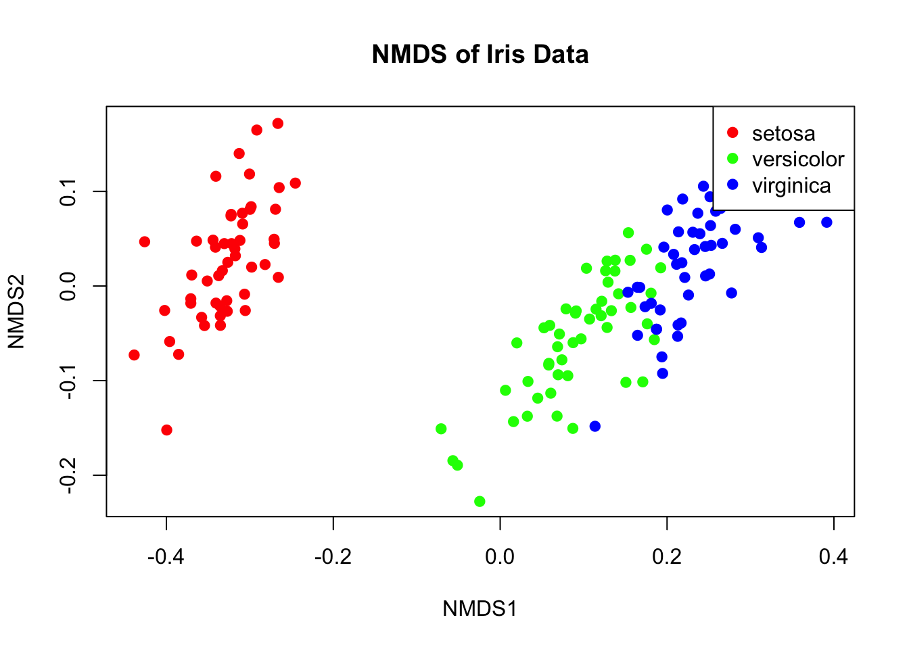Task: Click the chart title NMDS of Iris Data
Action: pyautogui.click(x=480, y=54)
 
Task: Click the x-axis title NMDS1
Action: pyautogui.click(x=480, y=608)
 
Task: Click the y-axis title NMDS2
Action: pyautogui.click(x=16, y=311)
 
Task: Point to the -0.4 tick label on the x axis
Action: pyautogui.click(x=166, y=556)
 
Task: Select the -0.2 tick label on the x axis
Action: pyautogui.click(x=333, y=556)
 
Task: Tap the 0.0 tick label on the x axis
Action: pyautogui.click(x=500, y=556)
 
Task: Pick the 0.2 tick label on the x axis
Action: pyautogui.click(x=667, y=556)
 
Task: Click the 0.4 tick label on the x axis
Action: pyautogui.click(x=833, y=556)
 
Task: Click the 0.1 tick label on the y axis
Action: pyautogui.click(x=68, y=191)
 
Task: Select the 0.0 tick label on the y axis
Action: pyautogui.click(x=68, y=286)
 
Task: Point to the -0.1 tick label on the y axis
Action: pyautogui.click(x=68, y=381)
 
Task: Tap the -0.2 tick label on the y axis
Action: pyautogui.click(x=68, y=475)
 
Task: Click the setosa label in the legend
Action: pyautogui.click(x=783, y=133)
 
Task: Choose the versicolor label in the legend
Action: pyautogui.click(x=798, y=160)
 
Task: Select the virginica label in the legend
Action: pyautogui.click(x=791, y=185)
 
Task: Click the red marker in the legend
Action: pyautogui.click(x=732, y=133)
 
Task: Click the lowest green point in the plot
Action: pyautogui.click(x=480, y=502)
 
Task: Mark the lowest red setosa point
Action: pyautogui.click(x=166, y=430)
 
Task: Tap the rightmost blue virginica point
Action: pyautogui.click(x=826, y=222)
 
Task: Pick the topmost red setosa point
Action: pyautogui.click(x=277, y=123)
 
